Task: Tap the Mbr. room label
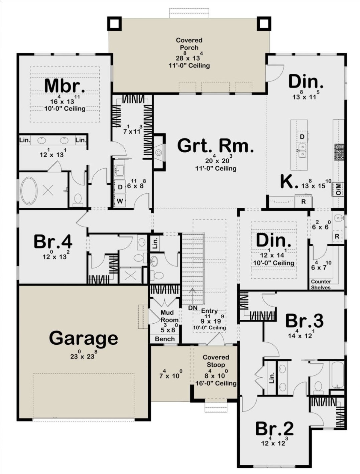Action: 65,86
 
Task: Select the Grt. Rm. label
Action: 216,146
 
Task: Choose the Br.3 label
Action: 304,321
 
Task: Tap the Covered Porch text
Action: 189,44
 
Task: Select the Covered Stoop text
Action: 216,361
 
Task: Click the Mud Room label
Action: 169,316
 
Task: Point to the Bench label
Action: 165,339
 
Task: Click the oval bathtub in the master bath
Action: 29,191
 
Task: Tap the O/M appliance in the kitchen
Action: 338,189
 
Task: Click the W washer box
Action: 120,201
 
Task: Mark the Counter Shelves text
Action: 321,284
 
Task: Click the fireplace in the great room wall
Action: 159,152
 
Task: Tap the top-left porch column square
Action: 114,23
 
